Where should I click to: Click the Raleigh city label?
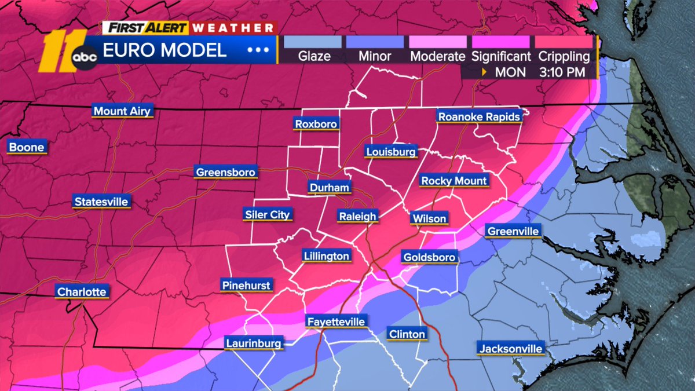pyautogui.click(x=358, y=216)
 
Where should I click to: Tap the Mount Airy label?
pyautogui.click(x=122, y=111)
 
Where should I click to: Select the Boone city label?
pyautogui.click(x=26, y=147)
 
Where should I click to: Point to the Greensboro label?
pyautogui.click(x=225, y=172)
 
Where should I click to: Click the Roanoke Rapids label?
pyautogui.click(x=479, y=116)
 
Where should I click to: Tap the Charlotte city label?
pyautogui.click(x=82, y=291)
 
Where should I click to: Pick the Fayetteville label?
pyautogui.click(x=337, y=322)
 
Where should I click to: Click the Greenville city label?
pyautogui.click(x=513, y=231)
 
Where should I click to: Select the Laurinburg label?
pyautogui.click(x=254, y=343)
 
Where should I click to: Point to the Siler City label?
pyautogui.click(x=267, y=214)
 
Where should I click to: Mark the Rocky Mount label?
pyautogui.click(x=454, y=181)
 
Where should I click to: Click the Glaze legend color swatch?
pyautogui.click(x=314, y=42)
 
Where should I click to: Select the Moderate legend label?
pyautogui.click(x=437, y=56)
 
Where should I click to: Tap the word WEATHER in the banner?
pyautogui.click(x=233, y=27)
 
